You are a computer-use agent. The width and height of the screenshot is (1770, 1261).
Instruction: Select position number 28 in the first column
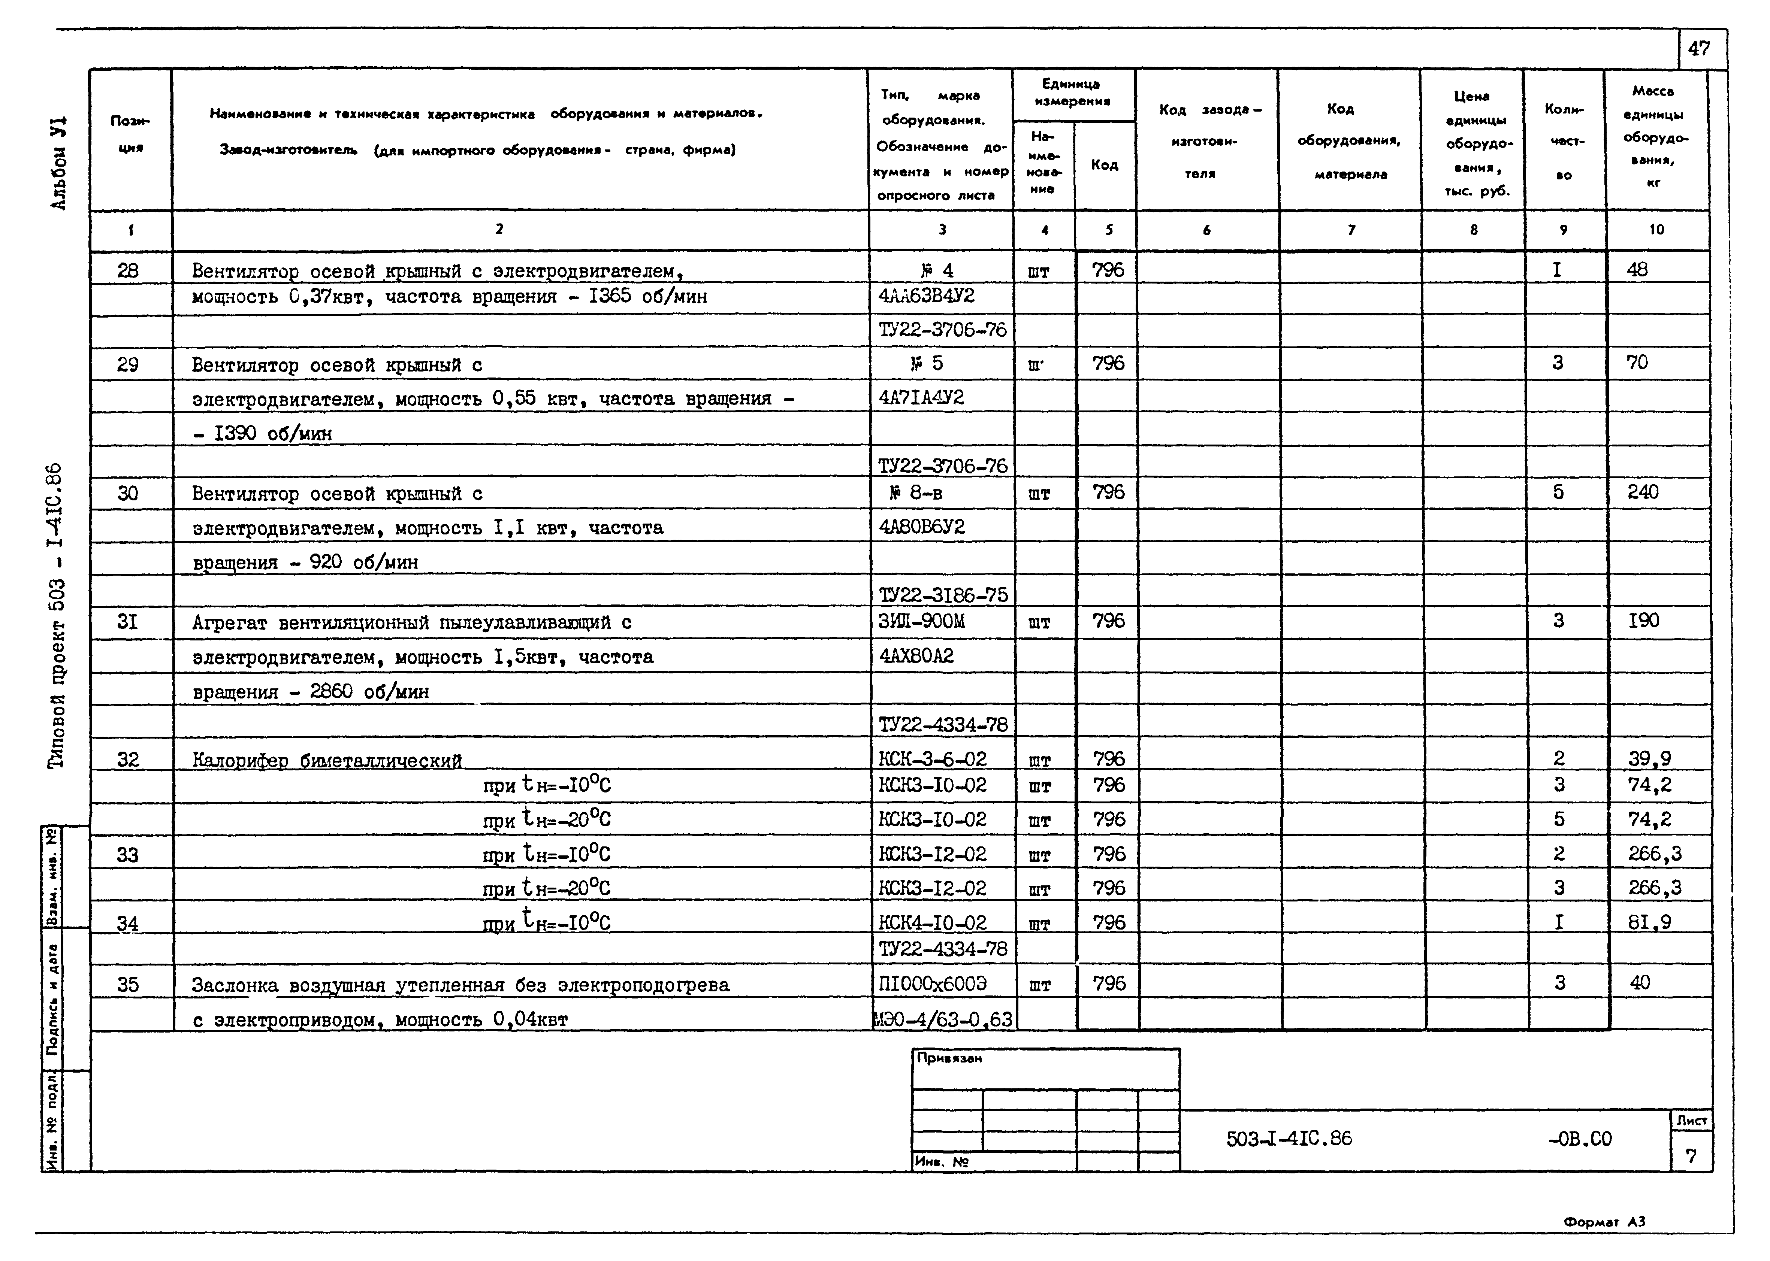click(128, 270)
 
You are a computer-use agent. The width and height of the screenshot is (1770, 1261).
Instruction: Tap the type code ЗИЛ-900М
click(923, 621)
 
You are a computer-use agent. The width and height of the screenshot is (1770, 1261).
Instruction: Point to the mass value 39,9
click(1649, 759)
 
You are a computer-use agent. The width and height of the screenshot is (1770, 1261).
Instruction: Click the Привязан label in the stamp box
click(949, 1058)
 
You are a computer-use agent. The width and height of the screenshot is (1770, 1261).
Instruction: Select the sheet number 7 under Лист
click(1691, 1156)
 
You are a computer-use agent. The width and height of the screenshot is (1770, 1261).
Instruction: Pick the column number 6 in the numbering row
click(1206, 230)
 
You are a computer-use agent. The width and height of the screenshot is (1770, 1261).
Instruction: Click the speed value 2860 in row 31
click(331, 692)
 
